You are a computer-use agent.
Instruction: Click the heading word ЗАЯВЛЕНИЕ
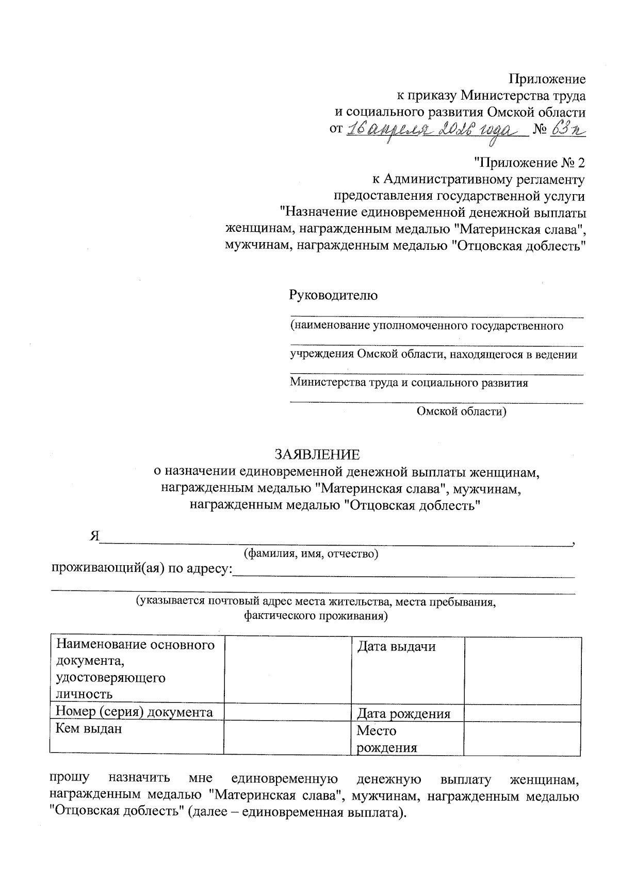tap(317, 454)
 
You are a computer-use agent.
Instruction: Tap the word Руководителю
tap(333, 295)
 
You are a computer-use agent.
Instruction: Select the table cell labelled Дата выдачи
tap(396, 646)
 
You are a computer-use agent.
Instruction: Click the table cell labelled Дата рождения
tap(403, 714)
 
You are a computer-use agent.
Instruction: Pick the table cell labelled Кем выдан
tap(89, 729)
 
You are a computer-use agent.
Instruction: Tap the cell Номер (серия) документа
tap(134, 712)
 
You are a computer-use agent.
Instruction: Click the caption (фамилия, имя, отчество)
tap(311, 554)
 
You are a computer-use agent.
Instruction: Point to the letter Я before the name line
tap(94, 536)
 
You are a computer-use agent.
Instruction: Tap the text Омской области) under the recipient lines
tap(461, 411)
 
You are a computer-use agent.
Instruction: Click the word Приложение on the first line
tap(547, 79)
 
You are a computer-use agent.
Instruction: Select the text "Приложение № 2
tap(529, 163)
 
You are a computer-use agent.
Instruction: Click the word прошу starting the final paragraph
tap(70, 777)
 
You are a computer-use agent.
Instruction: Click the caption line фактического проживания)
tap(316, 616)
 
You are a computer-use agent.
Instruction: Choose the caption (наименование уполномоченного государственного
tap(426, 326)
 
